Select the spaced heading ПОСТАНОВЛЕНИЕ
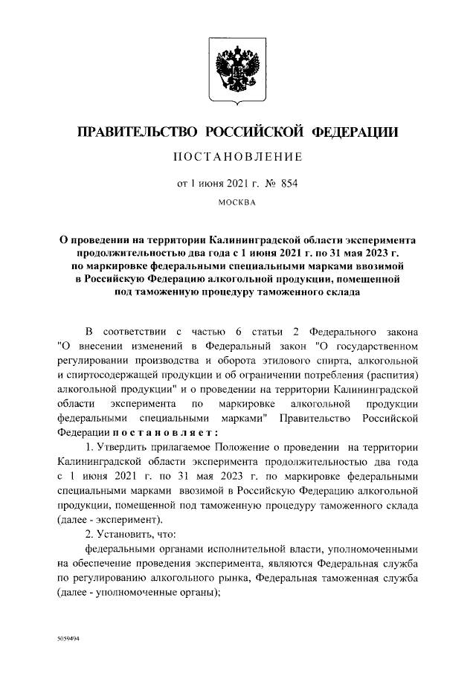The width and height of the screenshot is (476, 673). pyautogui.click(x=238, y=157)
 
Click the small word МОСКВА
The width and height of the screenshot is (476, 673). pyautogui.click(x=238, y=202)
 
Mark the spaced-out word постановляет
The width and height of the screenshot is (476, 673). pyautogui.click(x=154, y=431)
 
